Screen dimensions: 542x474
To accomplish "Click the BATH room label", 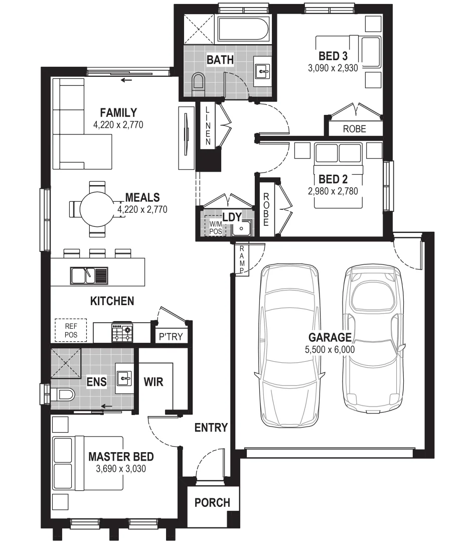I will point(220,60).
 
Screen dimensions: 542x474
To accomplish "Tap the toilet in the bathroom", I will point(199,83).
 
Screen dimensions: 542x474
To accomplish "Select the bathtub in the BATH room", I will point(243,31).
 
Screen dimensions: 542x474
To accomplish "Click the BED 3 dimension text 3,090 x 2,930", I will point(333,68).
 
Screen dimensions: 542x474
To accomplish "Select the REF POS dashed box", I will point(70,330).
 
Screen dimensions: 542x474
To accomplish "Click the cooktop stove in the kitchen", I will point(122,332).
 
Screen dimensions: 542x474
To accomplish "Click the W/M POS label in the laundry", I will point(215,227).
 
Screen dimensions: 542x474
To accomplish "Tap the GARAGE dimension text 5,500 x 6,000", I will point(330,349).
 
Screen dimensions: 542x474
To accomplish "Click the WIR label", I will point(153,382).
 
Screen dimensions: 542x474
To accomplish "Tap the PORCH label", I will point(212,502).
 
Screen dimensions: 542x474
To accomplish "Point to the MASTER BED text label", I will point(121,457).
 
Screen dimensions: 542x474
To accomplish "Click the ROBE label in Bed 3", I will point(354,129).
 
